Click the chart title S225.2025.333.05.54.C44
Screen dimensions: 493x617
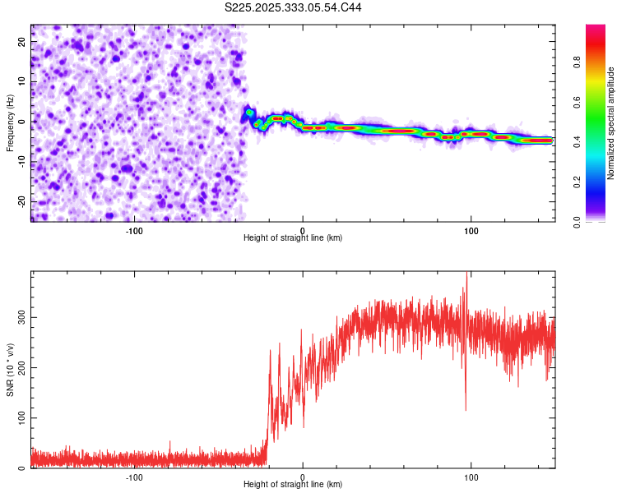pyautogui.click(x=294, y=7)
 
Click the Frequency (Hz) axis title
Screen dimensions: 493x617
pyautogui.click(x=10, y=122)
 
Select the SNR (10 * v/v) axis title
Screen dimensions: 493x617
pyautogui.click(x=10, y=370)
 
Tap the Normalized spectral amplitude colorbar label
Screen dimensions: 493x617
pyautogui.click(x=611, y=122)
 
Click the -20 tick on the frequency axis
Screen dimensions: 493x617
pyautogui.click(x=21, y=201)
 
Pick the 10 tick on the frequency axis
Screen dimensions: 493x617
pyautogui.click(x=22, y=81)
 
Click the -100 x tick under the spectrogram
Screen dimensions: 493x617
pyautogui.click(x=134, y=230)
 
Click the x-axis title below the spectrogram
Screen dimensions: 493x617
pyautogui.click(x=293, y=238)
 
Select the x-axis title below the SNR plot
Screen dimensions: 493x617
pyautogui.click(x=293, y=486)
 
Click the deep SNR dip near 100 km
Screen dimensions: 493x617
pyautogui.click(x=466, y=408)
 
